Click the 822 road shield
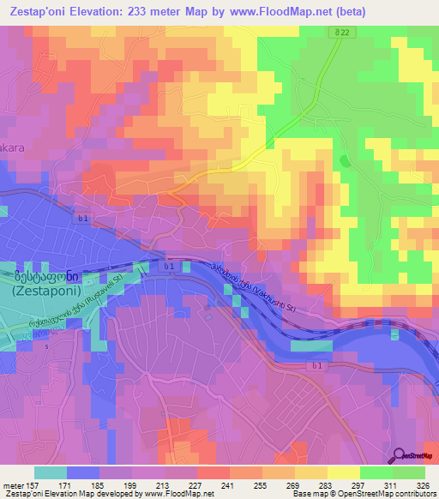[341, 33]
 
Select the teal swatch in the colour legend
[50, 472]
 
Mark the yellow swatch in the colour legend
[343, 472]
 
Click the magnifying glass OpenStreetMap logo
[400, 455]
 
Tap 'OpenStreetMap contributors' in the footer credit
[384, 494]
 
